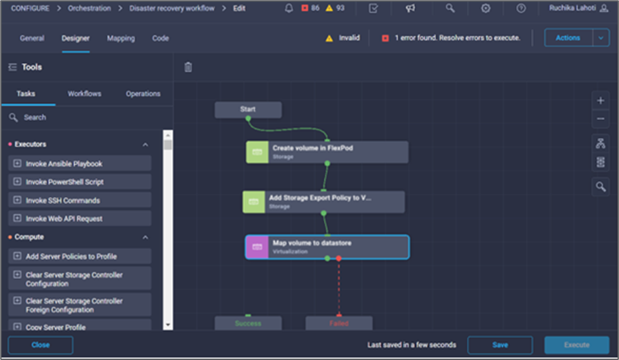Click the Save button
[x=499, y=345]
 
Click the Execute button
[x=576, y=345]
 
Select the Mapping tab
[x=121, y=38]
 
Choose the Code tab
[x=160, y=38]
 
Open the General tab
[x=32, y=38]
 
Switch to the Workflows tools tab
[x=84, y=93]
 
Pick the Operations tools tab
[x=143, y=93]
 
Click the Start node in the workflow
[x=248, y=109]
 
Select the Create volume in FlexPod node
[x=327, y=152]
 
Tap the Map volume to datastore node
[x=327, y=247]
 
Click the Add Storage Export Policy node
[x=323, y=201]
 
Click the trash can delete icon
[x=188, y=67]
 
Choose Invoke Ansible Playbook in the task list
[x=81, y=164]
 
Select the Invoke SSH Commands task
[x=81, y=200]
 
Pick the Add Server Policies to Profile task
[x=81, y=256]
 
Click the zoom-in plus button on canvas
[x=600, y=101]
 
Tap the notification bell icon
[x=289, y=8]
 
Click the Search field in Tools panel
[x=86, y=117]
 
